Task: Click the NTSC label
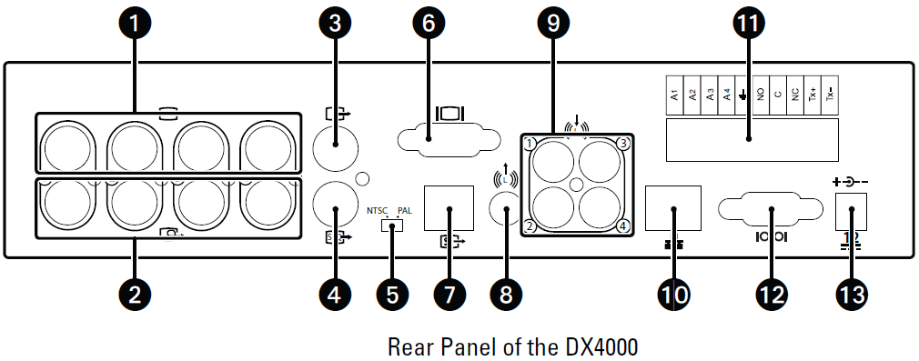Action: [377, 210]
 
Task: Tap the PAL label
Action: [406, 210]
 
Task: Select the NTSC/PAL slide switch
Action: [391, 223]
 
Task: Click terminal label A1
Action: [674, 95]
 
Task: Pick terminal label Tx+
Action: [812, 95]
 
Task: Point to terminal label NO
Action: [760, 95]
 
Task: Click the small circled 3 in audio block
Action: [622, 143]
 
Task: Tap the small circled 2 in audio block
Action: [529, 226]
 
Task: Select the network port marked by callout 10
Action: [672, 208]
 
